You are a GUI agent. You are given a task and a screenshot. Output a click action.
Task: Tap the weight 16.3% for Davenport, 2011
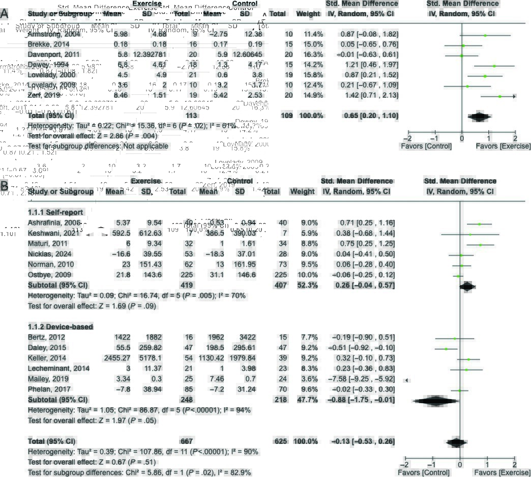313,54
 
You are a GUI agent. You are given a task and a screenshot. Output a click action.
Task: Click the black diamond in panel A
479,116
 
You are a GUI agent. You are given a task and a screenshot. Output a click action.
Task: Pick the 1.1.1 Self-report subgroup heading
55,212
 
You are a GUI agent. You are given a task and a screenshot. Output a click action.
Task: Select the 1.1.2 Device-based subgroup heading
60,326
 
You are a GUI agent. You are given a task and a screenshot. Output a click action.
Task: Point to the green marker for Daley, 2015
446,349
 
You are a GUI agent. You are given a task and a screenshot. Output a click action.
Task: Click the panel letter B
4,186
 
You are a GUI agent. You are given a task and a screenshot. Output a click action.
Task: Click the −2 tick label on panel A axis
407,138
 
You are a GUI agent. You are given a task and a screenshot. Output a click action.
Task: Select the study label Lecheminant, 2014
58,369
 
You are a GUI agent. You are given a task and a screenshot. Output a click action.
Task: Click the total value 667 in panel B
187,441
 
